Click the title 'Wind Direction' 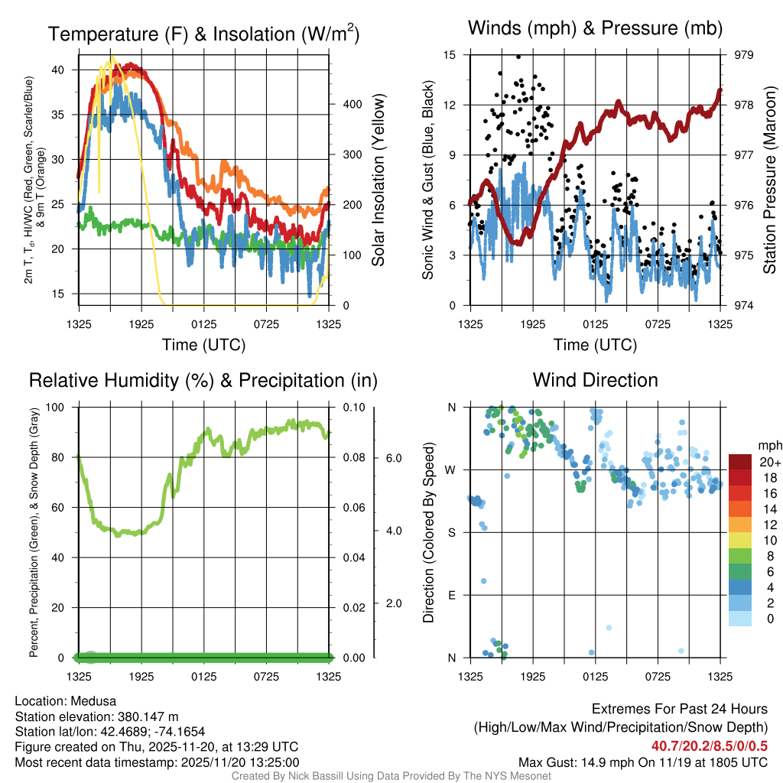point(595,380)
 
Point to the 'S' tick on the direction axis point(451,532)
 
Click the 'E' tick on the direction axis point(451,595)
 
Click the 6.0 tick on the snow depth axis point(395,457)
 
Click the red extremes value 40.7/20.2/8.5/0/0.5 point(710,746)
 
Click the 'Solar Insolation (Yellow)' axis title point(378,180)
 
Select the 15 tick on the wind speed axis point(450,55)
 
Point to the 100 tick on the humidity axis point(60,408)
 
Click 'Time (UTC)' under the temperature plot point(203,345)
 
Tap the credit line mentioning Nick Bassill point(391,776)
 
